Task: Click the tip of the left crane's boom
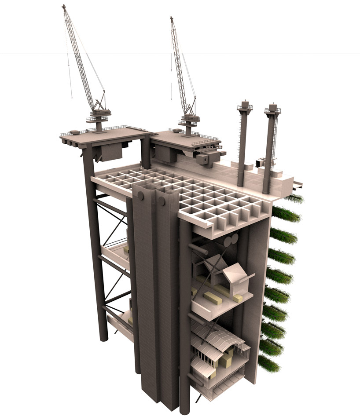[x=64, y=7]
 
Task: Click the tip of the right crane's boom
[x=172, y=18]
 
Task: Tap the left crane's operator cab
[x=99, y=113]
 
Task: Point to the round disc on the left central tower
[x=140, y=196]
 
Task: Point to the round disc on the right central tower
[x=162, y=201]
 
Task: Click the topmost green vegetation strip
[x=294, y=199]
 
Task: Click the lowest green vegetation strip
[x=268, y=364]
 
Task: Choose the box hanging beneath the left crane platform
[x=111, y=152]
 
